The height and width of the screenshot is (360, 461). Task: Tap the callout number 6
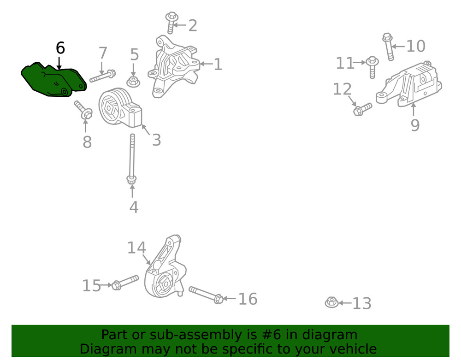click(60, 48)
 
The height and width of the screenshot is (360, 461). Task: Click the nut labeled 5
click(133, 82)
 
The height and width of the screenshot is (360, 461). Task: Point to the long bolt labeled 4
click(132, 159)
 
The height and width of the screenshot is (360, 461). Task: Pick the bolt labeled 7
click(103, 76)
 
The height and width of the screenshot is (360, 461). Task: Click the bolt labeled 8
click(83, 110)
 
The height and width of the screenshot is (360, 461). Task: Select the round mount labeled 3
click(120, 108)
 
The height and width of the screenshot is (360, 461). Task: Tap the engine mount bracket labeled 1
click(174, 67)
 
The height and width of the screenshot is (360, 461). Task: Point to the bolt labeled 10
click(388, 47)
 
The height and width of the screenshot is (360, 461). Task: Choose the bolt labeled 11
click(372, 67)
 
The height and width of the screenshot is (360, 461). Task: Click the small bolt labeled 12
click(362, 109)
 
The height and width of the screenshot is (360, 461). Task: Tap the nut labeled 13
click(331, 302)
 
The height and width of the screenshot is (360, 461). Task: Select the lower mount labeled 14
click(165, 267)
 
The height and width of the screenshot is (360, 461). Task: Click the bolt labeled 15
click(125, 282)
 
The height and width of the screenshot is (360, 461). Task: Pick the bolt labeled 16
click(206, 295)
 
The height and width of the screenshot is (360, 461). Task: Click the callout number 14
click(137, 248)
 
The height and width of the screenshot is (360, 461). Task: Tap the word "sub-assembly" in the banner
click(196, 335)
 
